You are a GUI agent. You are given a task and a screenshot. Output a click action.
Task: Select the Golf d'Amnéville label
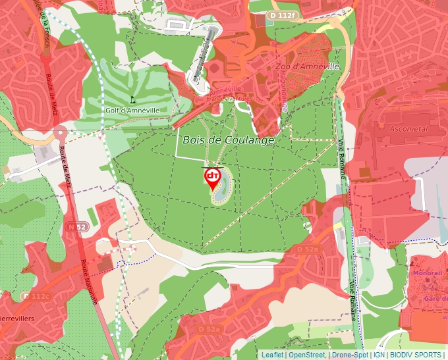[x=132, y=110]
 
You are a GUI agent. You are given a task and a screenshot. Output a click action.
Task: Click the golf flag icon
[x=132, y=99]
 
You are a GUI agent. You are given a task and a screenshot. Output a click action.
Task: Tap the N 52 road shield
[x=78, y=227]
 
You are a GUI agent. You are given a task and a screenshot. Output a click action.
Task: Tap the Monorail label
[x=427, y=272]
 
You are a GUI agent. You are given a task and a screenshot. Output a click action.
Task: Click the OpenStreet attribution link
[x=307, y=355]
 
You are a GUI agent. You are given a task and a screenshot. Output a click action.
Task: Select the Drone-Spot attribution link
[x=349, y=355]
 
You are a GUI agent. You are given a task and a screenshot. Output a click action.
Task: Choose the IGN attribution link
[x=379, y=355]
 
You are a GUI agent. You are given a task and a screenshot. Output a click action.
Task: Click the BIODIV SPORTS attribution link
[x=416, y=355]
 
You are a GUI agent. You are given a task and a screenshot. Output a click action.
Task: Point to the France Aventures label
[x=229, y=99]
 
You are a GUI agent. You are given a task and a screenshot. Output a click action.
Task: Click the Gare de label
[x=432, y=299]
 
